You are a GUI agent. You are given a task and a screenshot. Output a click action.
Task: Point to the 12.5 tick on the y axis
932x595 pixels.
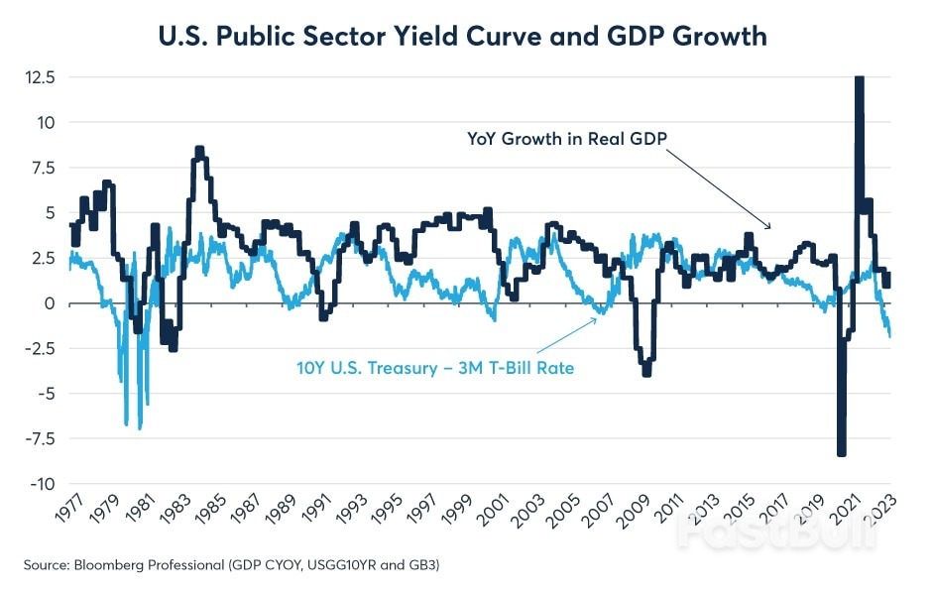click(x=41, y=76)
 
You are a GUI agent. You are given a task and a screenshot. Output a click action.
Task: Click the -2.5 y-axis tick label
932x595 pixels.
click(x=41, y=348)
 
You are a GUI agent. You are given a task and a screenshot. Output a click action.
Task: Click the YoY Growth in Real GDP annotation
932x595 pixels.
click(x=559, y=139)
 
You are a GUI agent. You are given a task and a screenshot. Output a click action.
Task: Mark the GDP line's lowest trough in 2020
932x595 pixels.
click(x=842, y=452)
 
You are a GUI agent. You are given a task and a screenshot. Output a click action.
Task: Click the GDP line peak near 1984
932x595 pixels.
click(x=199, y=150)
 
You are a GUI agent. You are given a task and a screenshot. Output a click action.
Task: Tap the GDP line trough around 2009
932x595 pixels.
click(x=646, y=373)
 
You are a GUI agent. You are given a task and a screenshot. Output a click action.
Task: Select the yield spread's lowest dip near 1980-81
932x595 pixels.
click(x=140, y=427)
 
